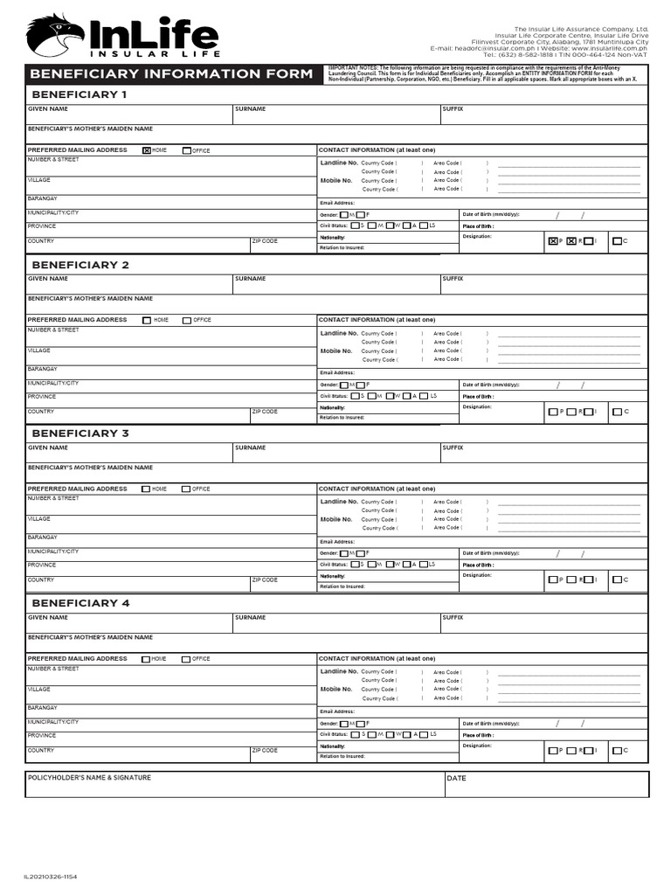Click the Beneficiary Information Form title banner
coord(171,73)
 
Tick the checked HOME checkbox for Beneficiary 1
coord(147,150)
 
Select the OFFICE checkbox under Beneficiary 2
coord(187,320)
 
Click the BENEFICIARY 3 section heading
coord(80,434)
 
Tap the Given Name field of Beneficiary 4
coord(128,623)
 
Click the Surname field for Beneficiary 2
coord(335,285)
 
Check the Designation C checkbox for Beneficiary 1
coord(617,241)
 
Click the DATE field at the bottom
coord(546,785)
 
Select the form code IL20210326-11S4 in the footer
coord(50,877)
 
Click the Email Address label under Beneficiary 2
coord(337,372)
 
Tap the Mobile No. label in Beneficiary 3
coord(336,519)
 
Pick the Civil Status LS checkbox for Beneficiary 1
coord(424,225)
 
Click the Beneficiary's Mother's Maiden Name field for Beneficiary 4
coord(336,643)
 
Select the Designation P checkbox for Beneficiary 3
coord(552,579)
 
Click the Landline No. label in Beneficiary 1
coord(339,163)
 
